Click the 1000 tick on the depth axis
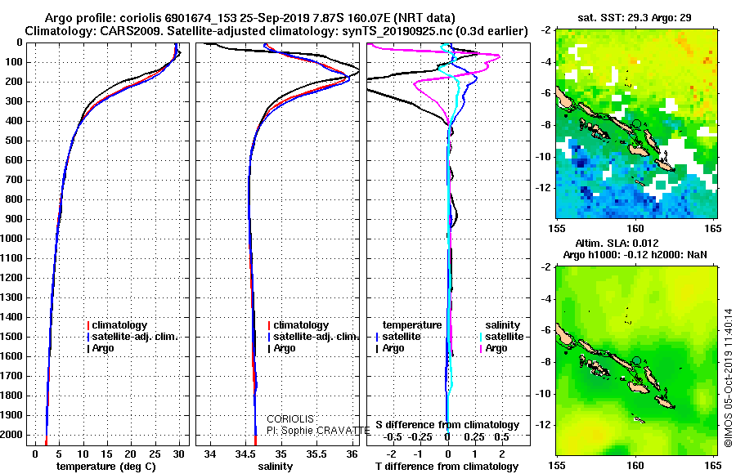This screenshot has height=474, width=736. [14, 239]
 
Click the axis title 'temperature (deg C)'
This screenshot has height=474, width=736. [101, 466]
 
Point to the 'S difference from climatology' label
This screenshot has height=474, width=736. [447, 425]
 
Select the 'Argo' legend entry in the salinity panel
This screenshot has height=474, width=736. [284, 348]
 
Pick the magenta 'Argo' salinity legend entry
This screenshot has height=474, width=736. [496, 348]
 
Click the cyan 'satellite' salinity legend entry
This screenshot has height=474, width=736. [503, 337]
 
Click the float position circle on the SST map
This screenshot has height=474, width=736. [636, 123]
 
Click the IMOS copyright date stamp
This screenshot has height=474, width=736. [728, 378]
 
